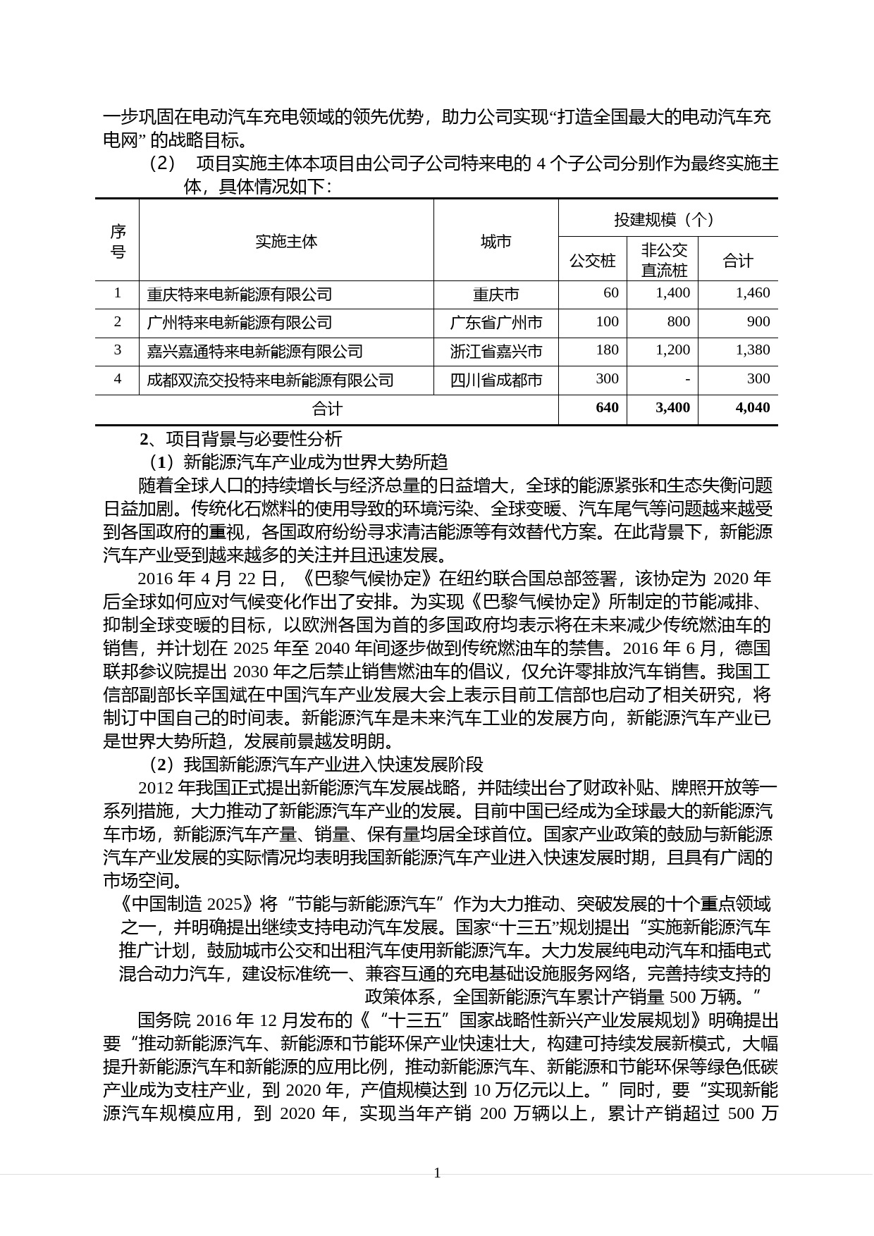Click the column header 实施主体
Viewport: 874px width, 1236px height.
tap(286, 242)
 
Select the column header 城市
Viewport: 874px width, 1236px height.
tap(496, 242)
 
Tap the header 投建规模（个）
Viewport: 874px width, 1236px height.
tap(667, 219)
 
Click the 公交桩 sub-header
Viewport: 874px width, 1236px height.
tap(592, 261)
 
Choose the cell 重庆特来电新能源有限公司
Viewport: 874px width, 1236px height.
tap(240, 294)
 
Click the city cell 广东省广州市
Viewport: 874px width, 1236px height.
tap(496, 323)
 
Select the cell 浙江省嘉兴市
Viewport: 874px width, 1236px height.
tap(496, 351)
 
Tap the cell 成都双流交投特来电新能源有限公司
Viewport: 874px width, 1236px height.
tap(270, 380)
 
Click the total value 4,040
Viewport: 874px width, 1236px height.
tap(752, 407)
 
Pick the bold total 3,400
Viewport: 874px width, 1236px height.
tap(672, 407)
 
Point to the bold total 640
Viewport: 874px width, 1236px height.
tap(607, 407)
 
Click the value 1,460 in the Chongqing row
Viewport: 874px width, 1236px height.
tap(752, 293)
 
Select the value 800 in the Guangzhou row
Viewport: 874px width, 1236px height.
tap(678, 322)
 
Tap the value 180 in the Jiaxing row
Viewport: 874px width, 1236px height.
tap(607, 350)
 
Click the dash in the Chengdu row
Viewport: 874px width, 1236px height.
tap(687, 379)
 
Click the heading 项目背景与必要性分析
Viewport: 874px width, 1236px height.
tap(254, 439)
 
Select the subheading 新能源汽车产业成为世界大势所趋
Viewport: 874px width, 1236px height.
tap(315, 462)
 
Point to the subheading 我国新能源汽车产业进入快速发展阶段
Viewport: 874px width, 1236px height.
tap(333, 765)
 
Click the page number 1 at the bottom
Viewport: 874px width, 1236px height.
tap(437, 1173)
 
